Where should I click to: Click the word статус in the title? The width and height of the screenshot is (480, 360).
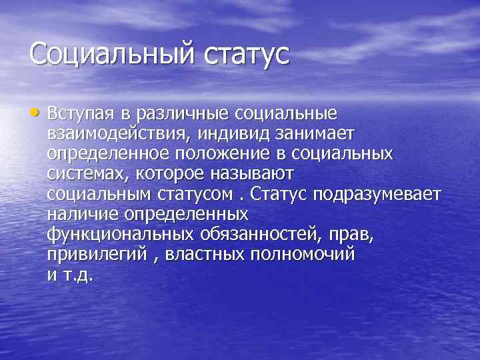point(244,53)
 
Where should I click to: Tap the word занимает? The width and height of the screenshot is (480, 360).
point(319,135)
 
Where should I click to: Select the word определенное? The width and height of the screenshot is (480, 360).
point(109,155)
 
